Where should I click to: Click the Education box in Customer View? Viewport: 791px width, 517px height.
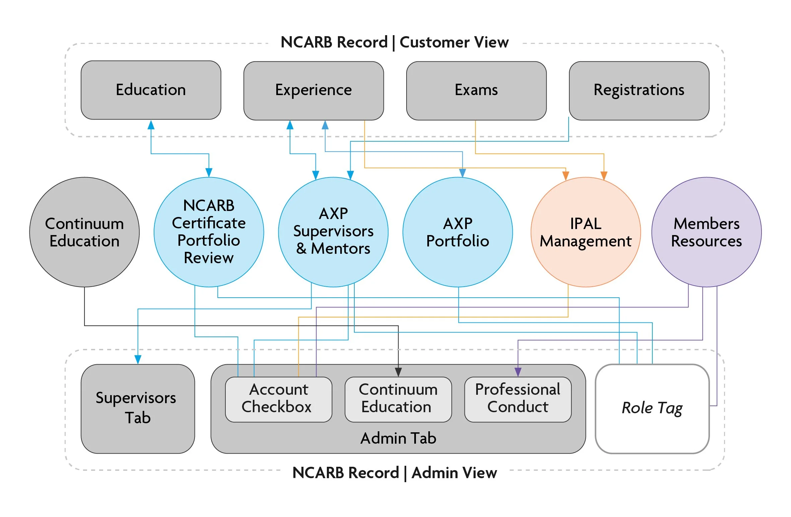[151, 90]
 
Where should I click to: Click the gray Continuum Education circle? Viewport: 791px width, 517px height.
[84, 232]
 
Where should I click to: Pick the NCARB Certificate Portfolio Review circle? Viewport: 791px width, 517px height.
[209, 232]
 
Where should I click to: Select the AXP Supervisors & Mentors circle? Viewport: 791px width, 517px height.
[333, 232]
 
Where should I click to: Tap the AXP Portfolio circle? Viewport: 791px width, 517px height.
[457, 232]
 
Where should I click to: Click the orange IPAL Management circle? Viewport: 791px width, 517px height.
[586, 232]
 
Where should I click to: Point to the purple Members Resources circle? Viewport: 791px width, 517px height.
[706, 232]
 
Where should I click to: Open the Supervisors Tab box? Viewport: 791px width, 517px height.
[138, 409]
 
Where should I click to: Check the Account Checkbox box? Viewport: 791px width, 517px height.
[278, 399]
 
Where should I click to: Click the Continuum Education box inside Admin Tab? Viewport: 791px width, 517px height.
[398, 399]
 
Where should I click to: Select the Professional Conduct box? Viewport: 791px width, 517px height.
[518, 399]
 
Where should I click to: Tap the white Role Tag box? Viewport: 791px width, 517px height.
[652, 409]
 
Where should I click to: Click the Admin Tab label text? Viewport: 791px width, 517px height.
[398, 438]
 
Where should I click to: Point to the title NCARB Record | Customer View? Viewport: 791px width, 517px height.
[394, 43]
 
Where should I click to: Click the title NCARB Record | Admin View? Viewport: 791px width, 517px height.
[394, 473]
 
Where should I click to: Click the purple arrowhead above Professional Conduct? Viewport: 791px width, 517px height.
[518, 372]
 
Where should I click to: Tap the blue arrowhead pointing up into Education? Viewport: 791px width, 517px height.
[151, 125]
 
